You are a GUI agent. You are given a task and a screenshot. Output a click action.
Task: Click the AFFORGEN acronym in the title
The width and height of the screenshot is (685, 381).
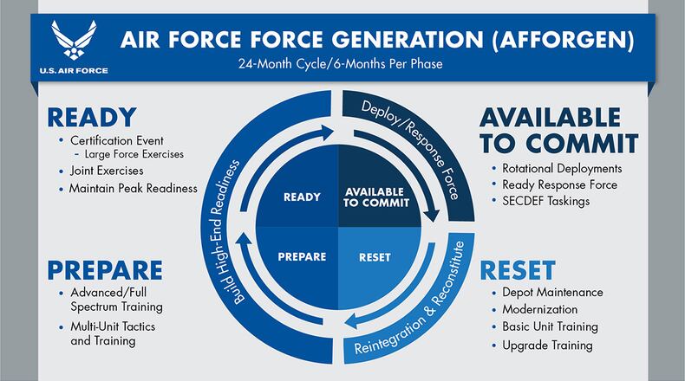(555, 41)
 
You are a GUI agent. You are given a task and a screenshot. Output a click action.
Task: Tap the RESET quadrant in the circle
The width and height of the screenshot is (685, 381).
(374, 257)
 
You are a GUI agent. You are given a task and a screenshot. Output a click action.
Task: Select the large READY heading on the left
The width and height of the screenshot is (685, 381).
(92, 117)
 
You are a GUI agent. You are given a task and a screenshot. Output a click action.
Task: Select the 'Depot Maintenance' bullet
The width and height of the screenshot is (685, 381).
(552, 293)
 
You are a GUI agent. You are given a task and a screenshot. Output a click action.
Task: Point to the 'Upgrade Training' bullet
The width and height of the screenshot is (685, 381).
(547, 345)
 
